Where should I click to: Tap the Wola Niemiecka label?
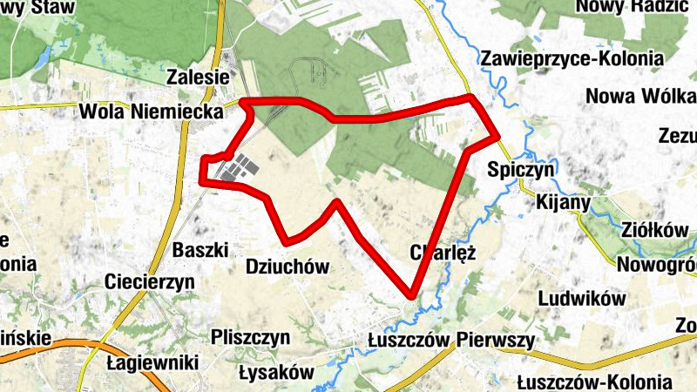(152, 111)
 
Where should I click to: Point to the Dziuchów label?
(288, 267)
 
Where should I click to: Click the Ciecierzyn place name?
(149, 282)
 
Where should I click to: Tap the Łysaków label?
(275, 372)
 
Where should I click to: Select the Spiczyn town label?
(522, 170)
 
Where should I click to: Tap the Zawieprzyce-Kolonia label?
(572, 59)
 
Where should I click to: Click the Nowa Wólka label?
(641, 96)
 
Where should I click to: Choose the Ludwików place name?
(582, 297)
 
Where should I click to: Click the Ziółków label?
(659, 231)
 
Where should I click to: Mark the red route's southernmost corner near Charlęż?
(409, 294)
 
